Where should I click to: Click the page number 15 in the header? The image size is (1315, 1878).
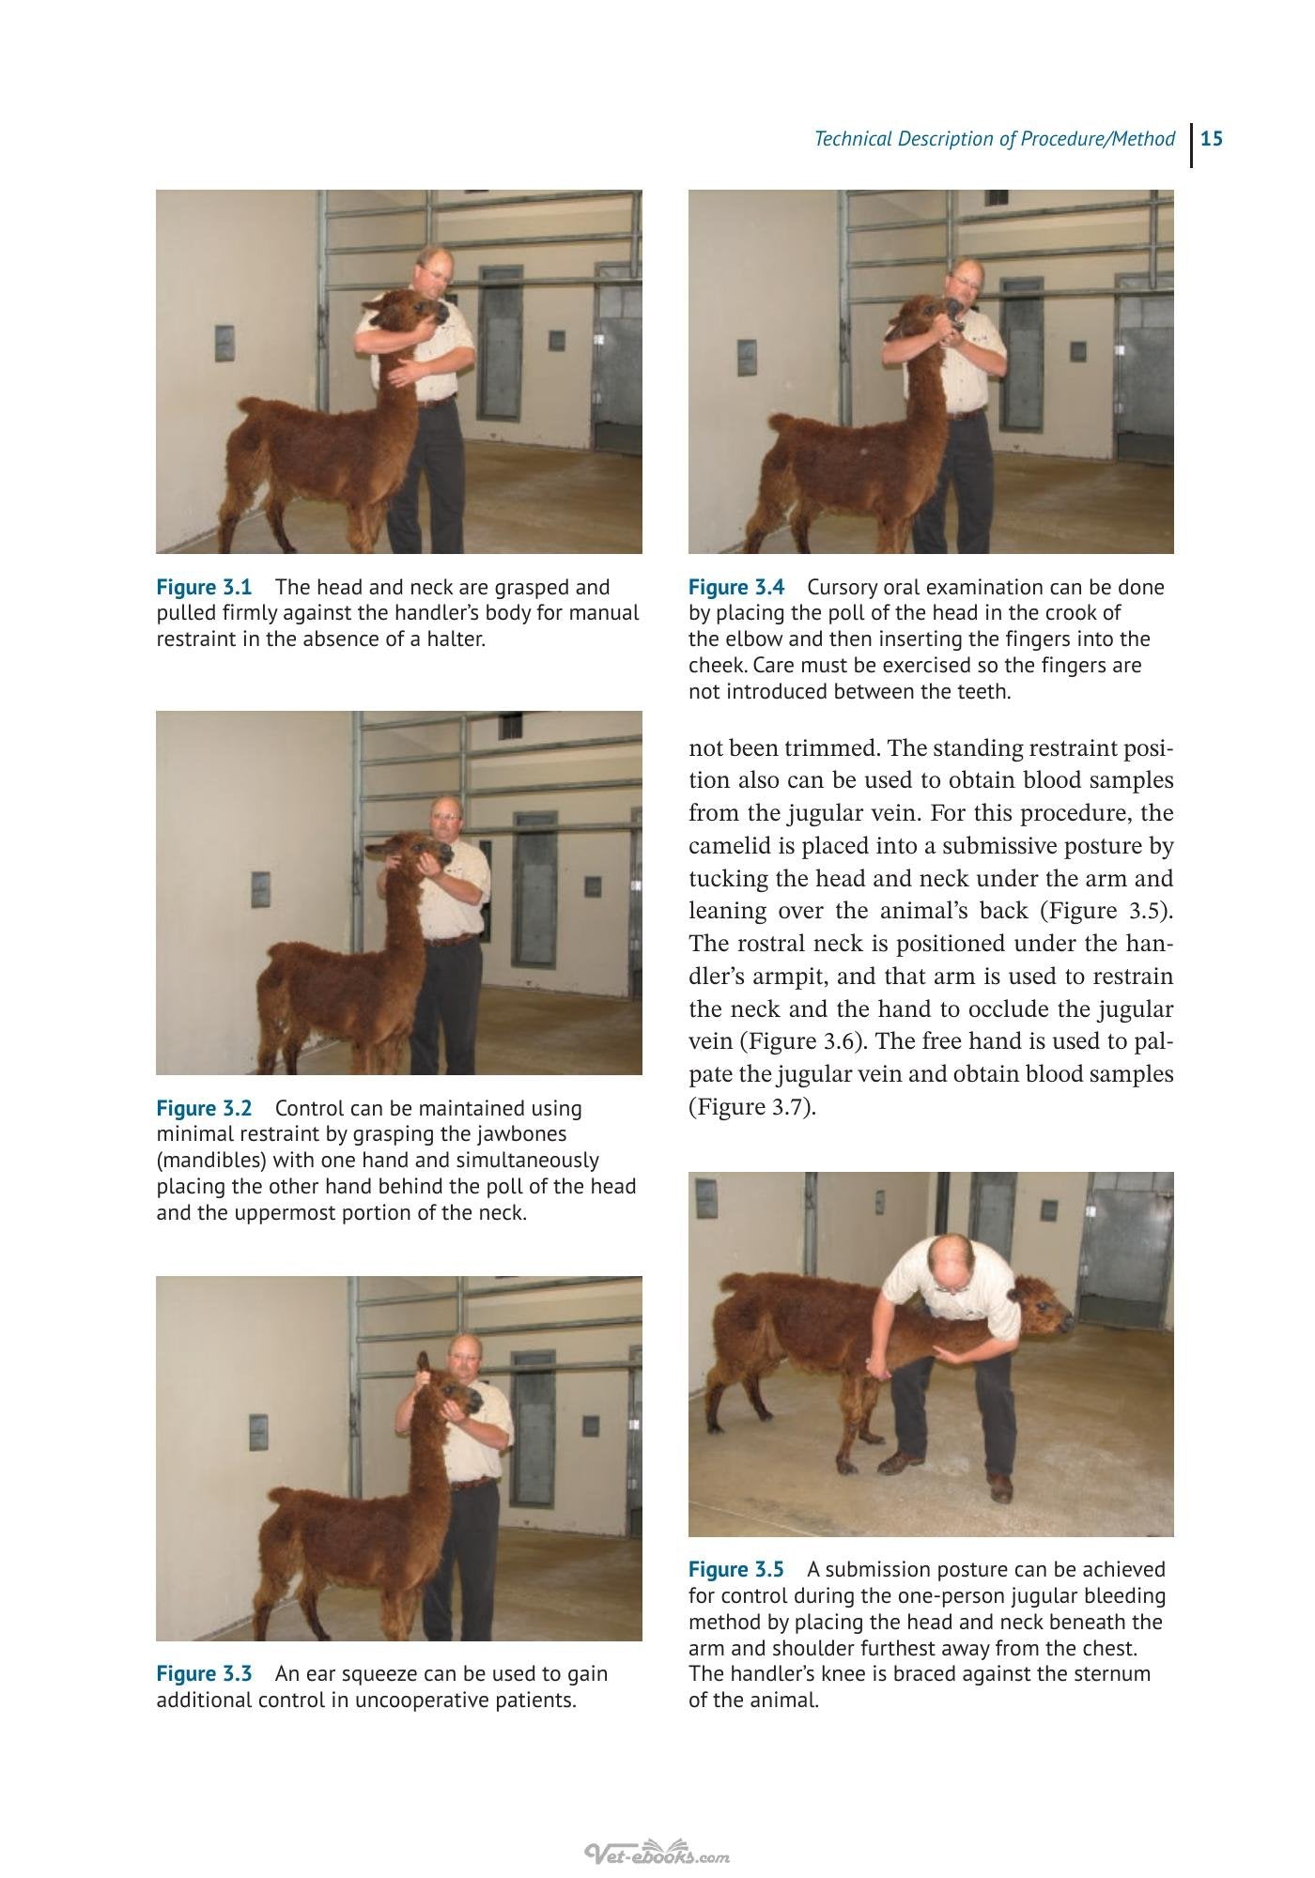pyautogui.click(x=1212, y=139)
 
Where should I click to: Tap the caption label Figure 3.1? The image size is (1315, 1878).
pyautogui.click(x=204, y=588)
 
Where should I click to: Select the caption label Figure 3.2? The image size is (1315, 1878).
pyautogui.click(x=204, y=1109)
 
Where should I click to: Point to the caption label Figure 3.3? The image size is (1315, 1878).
pyautogui.click(x=204, y=1673)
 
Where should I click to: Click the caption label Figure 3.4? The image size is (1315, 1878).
pyautogui.click(x=736, y=588)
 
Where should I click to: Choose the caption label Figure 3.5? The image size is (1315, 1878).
pyautogui.click(x=736, y=1569)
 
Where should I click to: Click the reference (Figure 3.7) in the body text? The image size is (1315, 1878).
pyautogui.click(x=752, y=1107)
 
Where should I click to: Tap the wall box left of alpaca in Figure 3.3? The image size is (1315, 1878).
pyautogui.click(x=259, y=1430)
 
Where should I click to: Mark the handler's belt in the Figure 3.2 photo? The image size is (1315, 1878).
pyautogui.click(x=454, y=939)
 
